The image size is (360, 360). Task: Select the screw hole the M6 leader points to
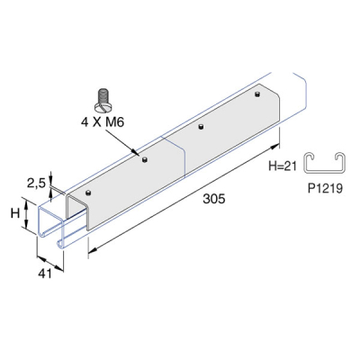click(142, 160)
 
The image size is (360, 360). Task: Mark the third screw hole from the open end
click(201, 127)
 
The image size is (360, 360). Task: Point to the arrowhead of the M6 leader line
click(137, 157)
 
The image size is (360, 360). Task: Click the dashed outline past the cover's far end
click(297, 85)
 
